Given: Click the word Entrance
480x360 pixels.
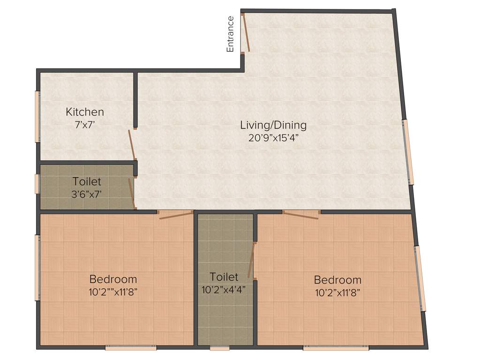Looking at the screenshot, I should pos(230,34).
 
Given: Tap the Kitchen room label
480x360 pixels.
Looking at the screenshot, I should pos(85,112).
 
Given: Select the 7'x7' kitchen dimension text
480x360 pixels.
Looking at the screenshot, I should pos(85,125).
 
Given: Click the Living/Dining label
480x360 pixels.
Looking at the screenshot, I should pos(273,125).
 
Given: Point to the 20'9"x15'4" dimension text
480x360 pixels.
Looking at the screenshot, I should pos(273,138).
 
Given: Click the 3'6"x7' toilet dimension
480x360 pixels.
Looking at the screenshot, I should pos(86,194).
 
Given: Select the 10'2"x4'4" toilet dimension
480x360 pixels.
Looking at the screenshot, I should pos(224,289).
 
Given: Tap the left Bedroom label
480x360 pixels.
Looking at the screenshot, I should pos(113,279).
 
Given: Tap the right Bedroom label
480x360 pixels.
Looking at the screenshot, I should pos(337,280).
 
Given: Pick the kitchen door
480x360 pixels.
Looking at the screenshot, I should pos(132,144).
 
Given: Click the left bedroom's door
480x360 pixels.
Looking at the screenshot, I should pos(176,215).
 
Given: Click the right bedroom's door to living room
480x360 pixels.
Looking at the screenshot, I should pos(301,215).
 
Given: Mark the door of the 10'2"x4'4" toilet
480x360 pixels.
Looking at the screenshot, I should pos(252,261).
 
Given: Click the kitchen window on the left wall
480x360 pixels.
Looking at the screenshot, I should pos(37,116).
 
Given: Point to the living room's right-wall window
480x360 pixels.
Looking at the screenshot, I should pos(408,152).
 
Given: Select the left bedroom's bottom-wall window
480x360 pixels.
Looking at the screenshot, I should pos(131,348).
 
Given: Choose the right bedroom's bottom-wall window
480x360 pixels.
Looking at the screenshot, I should pos(336,348).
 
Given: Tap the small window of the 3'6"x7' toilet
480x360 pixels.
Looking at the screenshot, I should pos(37,184).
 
